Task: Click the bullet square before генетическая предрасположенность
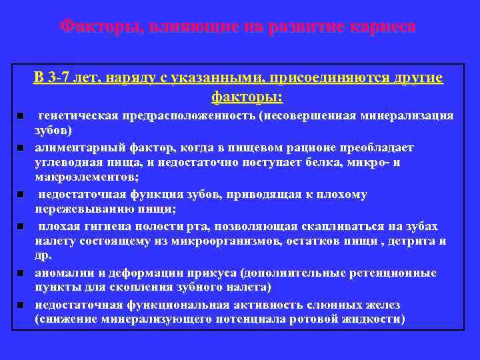(x=21, y=116)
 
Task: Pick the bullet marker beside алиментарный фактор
(x=21, y=147)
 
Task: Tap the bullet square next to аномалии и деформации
(x=21, y=273)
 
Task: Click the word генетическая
(x=79, y=116)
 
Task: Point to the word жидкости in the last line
(x=374, y=319)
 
